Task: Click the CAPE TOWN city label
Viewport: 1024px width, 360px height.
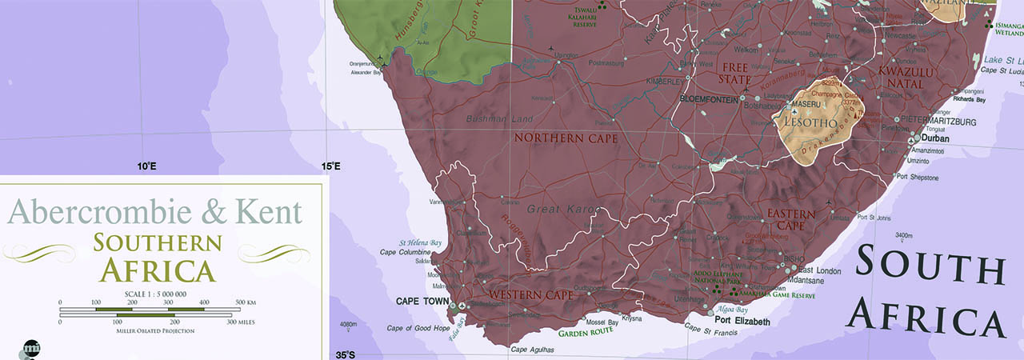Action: pos(422,302)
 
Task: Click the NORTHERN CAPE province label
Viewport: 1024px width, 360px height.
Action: pos(566,138)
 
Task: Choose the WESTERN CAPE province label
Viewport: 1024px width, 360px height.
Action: pos(531,296)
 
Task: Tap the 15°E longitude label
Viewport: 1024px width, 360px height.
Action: pos(331,166)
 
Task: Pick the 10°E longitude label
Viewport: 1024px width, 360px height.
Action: pos(146,166)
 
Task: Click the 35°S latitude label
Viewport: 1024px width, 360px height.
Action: pos(345,354)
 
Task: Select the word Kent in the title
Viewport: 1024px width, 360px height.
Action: pos(270,213)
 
